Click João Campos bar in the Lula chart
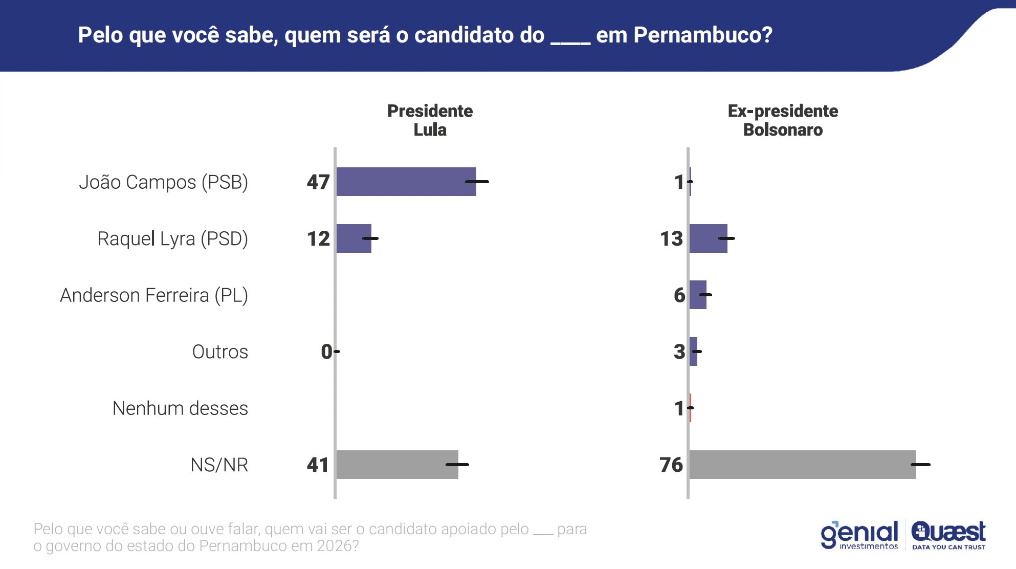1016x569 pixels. click(x=406, y=182)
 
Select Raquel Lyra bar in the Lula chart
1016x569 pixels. click(x=354, y=238)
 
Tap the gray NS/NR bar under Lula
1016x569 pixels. click(x=397, y=465)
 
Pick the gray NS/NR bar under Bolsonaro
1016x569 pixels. click(x=802, y=465)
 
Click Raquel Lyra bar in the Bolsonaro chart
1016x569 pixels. click(x=708, y=238)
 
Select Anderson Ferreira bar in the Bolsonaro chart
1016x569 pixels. click(x=698, y=295)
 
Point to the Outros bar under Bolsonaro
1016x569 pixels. click(x=693, y=352)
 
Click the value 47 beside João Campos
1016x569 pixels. click(x=318, y=182)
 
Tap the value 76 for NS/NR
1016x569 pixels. click(x=671, y=465)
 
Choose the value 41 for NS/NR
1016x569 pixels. click(x=318, y=465)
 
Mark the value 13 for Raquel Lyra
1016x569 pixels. click(x=671, y=239)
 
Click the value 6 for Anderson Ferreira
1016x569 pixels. click(x=679, y=295)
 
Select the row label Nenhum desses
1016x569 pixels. click(x=180, y=408)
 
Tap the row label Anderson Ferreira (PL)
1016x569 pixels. click(x=154, y=295)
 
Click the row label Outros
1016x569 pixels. click(x=220, y=352)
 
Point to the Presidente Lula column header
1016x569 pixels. click(x=430, y=120)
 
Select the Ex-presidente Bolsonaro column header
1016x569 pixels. click(x=783, y=120)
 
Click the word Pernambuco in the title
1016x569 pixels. click(x=702, y=35)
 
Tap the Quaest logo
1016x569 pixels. click(x=948, y=535)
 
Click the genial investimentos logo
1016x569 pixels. click(x=859, y=535)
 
